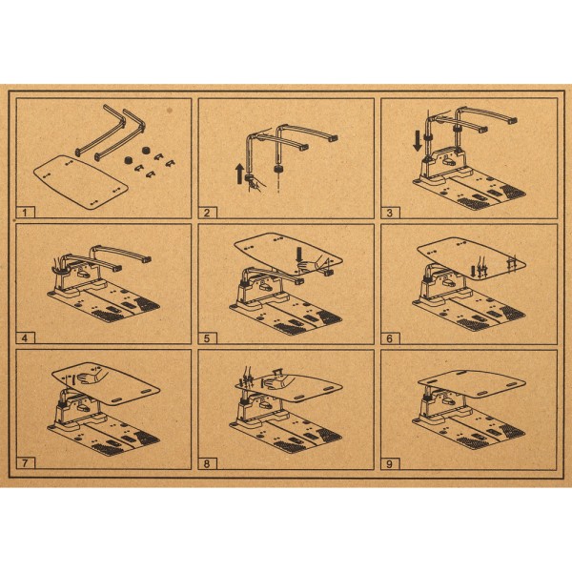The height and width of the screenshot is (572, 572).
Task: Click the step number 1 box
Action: tap(26, 213)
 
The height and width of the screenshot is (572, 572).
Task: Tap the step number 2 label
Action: tap(207, 213)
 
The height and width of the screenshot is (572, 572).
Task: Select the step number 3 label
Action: tap(390, 213)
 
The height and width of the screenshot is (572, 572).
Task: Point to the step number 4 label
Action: tap(26, 337)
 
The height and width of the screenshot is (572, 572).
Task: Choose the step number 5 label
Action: tap(207, 338)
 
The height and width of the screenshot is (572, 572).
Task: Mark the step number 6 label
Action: tap(390, 338)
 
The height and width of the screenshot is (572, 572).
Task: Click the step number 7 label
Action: tap(26, 463)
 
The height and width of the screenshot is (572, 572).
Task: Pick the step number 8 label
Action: tap(207, 463)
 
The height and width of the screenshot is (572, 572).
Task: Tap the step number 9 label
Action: tap(390, 463)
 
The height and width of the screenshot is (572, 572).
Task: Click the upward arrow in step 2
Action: tap(239, 174)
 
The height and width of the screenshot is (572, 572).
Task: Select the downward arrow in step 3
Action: tap(418, 142)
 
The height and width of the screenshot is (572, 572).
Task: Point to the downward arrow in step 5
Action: tap(299, 255)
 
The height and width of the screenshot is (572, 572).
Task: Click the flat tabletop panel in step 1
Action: tap(81, 181)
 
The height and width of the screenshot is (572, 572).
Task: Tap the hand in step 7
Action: tap(91, 378)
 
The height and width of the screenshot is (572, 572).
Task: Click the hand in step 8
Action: tap(278, 383)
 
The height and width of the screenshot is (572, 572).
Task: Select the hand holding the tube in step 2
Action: tap(255, 184)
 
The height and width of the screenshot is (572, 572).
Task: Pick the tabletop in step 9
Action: tap(472, 383)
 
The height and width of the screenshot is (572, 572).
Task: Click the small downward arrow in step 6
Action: tap(474, 271)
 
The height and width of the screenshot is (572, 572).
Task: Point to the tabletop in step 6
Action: tap(471, 258)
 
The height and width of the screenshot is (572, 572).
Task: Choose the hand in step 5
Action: tap(310, 263)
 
